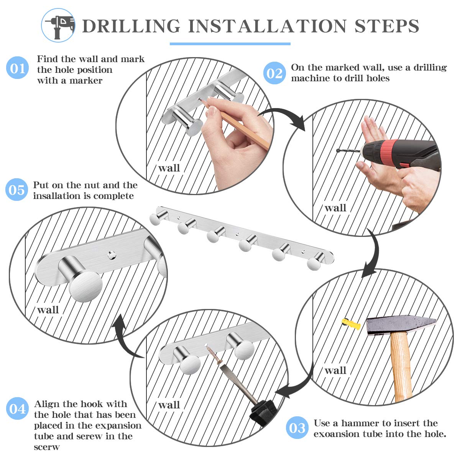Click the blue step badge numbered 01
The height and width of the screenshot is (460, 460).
coord(17,67)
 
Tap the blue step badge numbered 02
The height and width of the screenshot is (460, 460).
coord(274,73)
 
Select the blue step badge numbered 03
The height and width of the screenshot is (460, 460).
coord(297,427)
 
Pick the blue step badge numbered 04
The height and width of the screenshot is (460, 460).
coord(17,408)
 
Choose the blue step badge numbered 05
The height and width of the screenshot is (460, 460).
coord(17,189)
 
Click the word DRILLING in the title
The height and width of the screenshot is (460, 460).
coord(131,26)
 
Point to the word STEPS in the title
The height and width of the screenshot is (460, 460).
coord(387,26)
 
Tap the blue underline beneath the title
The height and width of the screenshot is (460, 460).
coord(230,44)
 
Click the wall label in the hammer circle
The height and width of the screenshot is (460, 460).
coord(335,370)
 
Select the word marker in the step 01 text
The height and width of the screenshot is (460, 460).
coord(86,80)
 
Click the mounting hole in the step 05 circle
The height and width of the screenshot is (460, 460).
coord(112,255)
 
